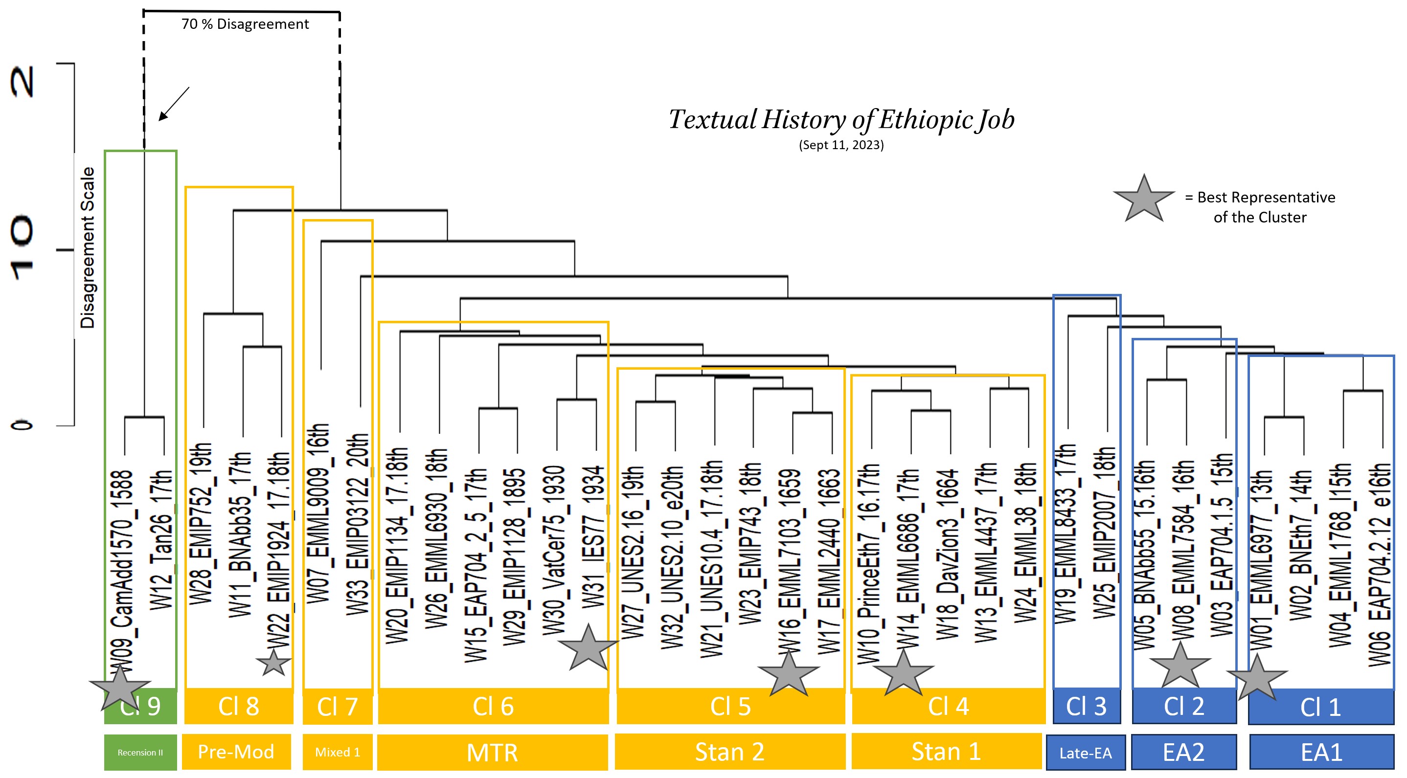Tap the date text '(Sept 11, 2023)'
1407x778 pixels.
(841, 145)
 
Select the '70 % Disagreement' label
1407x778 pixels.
(245, 24)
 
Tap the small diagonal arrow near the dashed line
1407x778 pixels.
(174, 103)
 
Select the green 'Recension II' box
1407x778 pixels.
(140, 753)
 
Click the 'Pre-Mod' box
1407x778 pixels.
(236, 752)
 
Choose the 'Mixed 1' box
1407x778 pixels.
(338, 752)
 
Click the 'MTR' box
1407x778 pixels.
(492, 753)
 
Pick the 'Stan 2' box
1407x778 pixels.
(730, 752)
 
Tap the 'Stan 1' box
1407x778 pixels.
(947, 751)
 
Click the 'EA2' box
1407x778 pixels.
(1183, 753)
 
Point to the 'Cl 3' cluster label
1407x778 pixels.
(1087, 707)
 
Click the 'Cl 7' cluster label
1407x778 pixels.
(338, 707)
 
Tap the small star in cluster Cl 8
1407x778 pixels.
(273, 662)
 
